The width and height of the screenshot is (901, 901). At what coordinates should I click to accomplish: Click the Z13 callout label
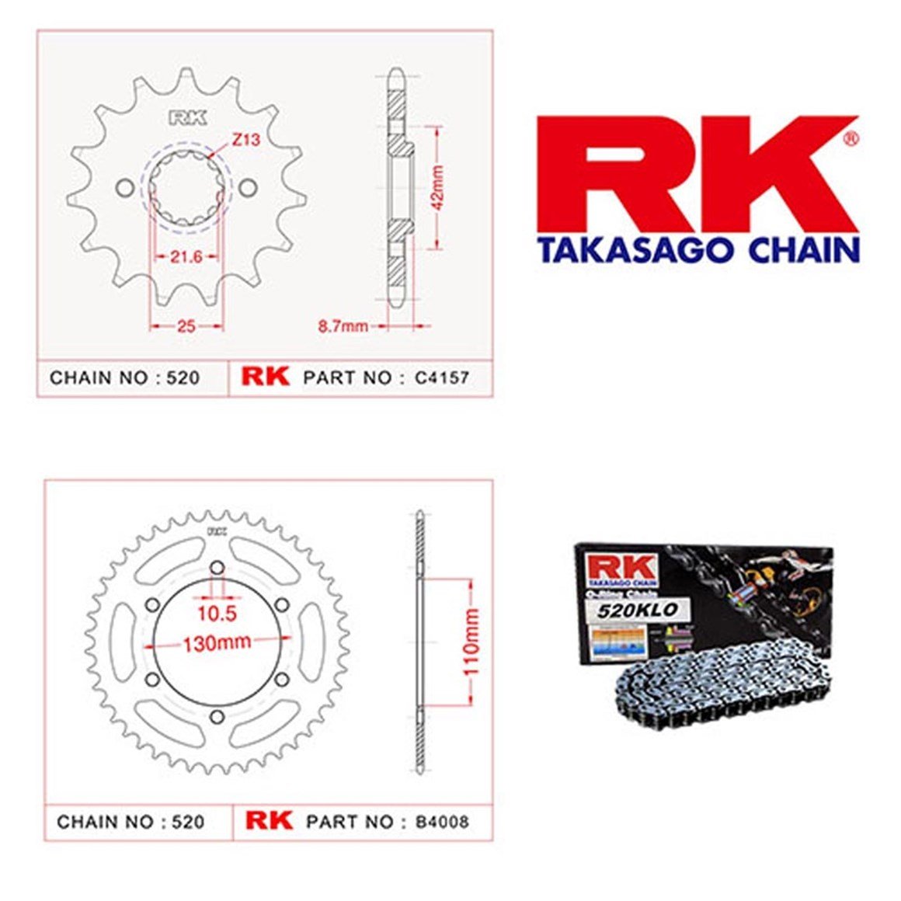(245, 141)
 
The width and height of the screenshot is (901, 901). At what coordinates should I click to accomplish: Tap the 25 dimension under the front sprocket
(186, 326)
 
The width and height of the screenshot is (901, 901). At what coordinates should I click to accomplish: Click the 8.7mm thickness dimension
(343, 326)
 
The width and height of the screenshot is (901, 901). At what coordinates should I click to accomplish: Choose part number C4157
(442, 378)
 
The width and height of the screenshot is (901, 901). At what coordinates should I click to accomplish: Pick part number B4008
(442, 822)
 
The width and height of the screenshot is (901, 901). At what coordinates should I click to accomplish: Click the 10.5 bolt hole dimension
(216, 614)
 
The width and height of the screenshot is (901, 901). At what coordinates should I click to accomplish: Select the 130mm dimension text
(217, 643)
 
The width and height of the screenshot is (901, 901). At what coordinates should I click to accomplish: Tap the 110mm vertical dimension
(471, 642)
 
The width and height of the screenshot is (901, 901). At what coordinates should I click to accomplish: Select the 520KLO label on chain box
(637, 610)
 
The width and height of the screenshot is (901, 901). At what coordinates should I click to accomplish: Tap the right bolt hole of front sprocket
(248, 188)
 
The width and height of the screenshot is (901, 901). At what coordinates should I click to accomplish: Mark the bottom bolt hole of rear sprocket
(217, 715)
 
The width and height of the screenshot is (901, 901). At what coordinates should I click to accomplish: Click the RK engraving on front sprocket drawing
(188, 118)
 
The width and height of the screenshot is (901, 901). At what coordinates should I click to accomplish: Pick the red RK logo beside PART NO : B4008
(269, 821)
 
